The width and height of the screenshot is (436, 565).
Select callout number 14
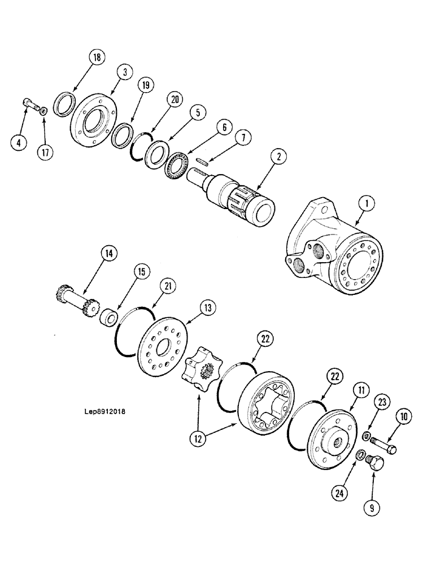click(108, 254)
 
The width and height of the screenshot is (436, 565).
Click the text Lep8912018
click(103, 411)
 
